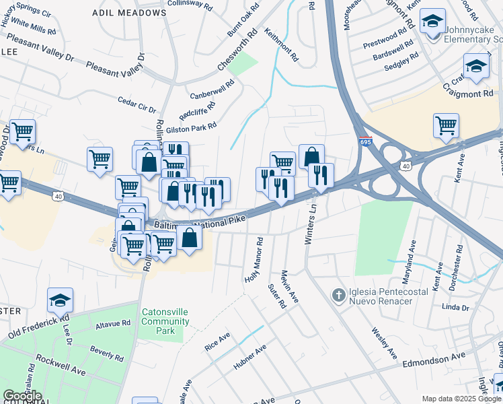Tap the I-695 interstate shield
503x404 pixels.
[365, 141]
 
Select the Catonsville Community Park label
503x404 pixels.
[165, 321]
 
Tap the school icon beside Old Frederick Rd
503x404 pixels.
[60, 300]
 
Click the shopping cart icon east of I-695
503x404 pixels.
[446, 125]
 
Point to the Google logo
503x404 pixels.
[22, 396]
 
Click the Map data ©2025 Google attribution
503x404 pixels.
[460, 399]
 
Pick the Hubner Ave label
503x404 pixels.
[250, 358]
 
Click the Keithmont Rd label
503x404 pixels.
[280, 44]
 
